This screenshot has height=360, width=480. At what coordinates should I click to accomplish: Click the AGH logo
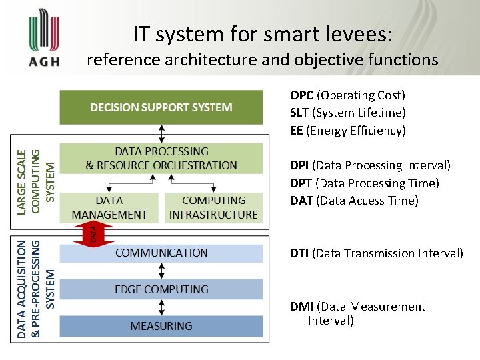pos(44,41)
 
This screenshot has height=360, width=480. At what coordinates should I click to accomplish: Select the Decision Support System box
pos(161,107)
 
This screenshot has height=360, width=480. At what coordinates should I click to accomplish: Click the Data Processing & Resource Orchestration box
pos(161,159)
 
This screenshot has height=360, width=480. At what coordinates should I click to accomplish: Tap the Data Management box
pos(109,207)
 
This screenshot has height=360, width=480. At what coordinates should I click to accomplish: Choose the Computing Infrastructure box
pos(213,207)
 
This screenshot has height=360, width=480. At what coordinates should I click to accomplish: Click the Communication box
pos(161,253)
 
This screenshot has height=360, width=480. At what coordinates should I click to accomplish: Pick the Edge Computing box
pos(161,289)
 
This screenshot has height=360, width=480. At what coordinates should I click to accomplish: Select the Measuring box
pos(161,326)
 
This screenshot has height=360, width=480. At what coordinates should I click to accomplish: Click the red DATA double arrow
pos(94,233)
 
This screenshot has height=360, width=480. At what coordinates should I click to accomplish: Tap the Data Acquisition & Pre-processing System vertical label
pos(36,288)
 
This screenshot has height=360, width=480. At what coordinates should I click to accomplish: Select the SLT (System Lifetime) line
pos(347,113)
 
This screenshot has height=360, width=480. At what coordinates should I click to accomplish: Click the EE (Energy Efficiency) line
pos(347,131)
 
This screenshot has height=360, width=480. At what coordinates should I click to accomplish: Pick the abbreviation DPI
pos(299,165)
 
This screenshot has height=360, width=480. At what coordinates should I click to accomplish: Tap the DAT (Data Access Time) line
pos(354,201)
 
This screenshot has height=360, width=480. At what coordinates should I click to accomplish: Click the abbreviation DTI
pos(299,253)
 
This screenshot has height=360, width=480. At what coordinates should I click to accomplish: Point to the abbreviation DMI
pos(301,307)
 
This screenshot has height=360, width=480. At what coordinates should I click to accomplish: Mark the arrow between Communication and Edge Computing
pos(161,271)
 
